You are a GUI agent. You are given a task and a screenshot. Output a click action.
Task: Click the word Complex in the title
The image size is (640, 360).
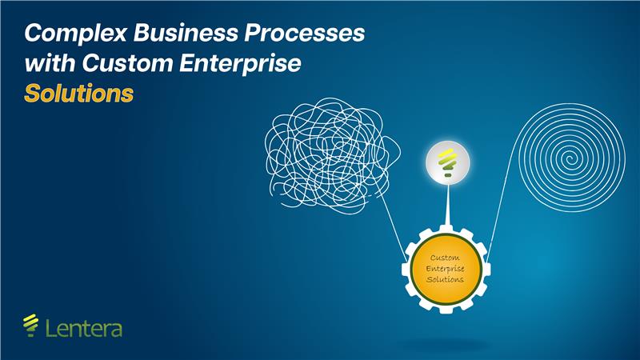coord(76,33)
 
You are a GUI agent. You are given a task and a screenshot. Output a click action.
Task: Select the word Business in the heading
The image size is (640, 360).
coord(186,32)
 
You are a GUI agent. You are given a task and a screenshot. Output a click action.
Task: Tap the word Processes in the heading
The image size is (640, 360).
coord(305,32)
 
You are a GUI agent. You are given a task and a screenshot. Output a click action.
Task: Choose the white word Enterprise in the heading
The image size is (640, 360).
coord(241,64)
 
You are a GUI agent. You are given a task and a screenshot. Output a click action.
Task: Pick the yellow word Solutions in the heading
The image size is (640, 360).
coord(78,93)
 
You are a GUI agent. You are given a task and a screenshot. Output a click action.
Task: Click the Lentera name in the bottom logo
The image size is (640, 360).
coord(84,329)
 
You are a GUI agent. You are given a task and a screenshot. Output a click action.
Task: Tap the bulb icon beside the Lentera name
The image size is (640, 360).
coord(30,326)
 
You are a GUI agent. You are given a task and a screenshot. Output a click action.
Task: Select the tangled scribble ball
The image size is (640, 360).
coord(331,154)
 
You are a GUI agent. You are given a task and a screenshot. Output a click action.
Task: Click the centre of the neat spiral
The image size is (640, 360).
coord(570,158)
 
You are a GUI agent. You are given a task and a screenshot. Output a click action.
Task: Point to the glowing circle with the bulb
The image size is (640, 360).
coord(448,163)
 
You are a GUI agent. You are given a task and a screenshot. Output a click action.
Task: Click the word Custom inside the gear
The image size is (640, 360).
coord(445,258)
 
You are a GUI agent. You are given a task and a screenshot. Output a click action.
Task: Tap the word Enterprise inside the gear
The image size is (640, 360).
coord(446,269)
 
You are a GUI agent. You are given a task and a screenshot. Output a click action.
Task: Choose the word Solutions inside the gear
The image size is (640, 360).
coord(446,279)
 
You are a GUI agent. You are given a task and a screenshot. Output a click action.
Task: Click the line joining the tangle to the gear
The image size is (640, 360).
coord(394,229)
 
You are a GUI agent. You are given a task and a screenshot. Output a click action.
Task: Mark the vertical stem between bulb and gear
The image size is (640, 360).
coord(448,205)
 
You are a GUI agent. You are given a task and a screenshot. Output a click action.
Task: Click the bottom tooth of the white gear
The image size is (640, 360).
coord(446,309)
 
